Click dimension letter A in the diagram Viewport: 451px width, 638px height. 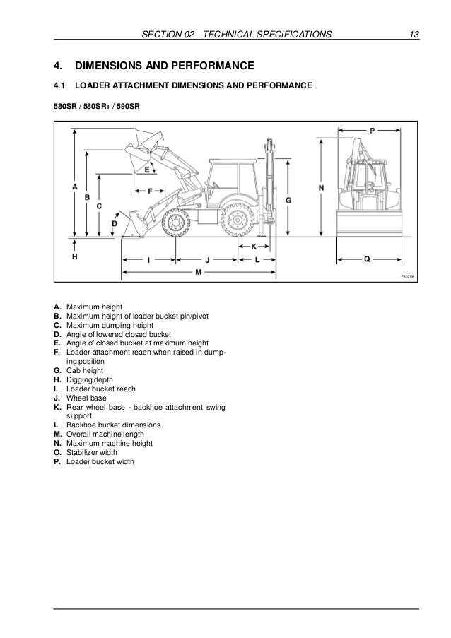pyautogui.click(x=75, y=186)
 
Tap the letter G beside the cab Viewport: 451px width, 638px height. pyautogui.click(x=288, y=201)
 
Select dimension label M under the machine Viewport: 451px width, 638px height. pyautogui.click(x=199, y=272)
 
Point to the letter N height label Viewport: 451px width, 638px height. pyautogui.click(x=322, y=188)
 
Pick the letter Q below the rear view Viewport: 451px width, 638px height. pyautogui.click(x=366, y=259)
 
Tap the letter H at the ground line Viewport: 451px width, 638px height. pyautogui.click(x=75, y=258)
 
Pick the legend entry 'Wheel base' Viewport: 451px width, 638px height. pyautogui.click(x=85, y=398)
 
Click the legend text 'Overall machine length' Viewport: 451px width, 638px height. pyautogui.click(x=104, y=434)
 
